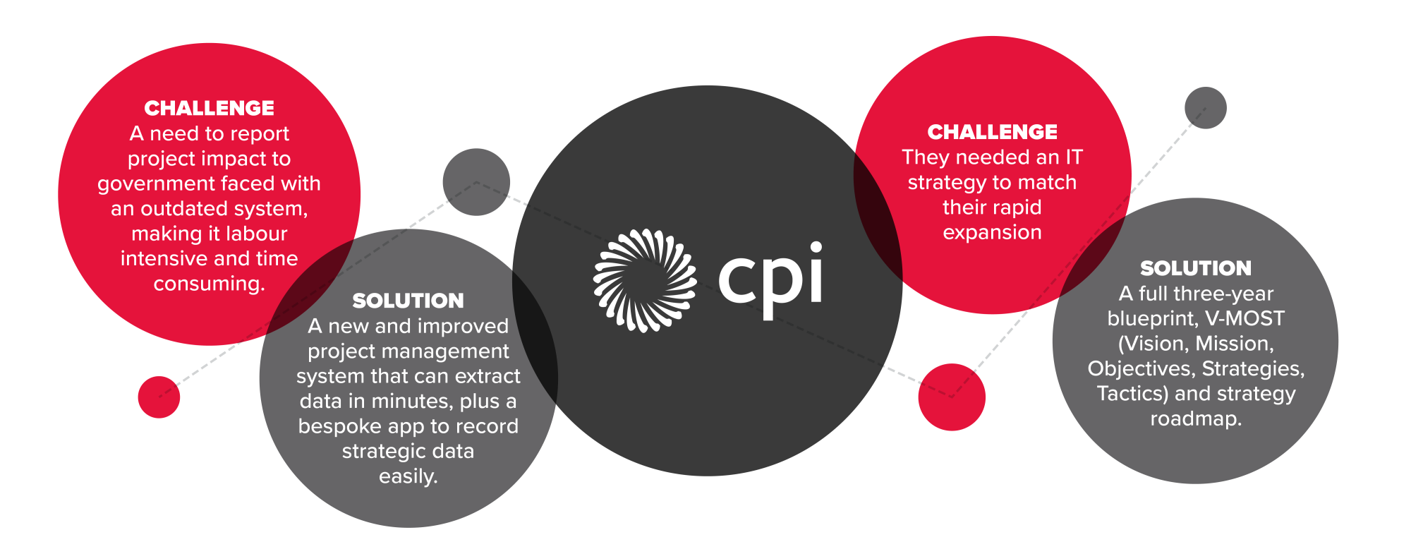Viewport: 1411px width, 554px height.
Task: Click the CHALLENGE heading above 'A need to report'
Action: (x=209, y=108)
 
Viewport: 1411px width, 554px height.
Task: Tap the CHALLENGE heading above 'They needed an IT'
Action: (x=992, y=132)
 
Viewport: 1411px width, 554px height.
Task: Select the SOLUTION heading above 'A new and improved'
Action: (x=408, y=301)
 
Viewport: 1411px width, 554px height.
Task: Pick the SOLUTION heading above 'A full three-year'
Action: (x=1196, y=268)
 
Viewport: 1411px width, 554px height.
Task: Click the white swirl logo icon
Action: (x=645, y=281)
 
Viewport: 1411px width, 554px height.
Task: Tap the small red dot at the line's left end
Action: (x=159, y=397)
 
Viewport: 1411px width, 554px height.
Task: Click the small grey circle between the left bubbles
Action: (x=476, y=182)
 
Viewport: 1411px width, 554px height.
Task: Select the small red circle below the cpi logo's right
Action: (x=952, y=397)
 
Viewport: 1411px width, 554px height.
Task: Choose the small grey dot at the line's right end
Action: (x=1206, y=108)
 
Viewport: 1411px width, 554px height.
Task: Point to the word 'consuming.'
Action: (x=209, y=284)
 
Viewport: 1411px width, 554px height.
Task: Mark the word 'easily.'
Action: (x=408, y=476)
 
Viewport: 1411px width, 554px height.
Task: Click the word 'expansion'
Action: (x=992, y=233)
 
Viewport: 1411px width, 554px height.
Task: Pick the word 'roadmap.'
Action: (x=1196, y=419)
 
